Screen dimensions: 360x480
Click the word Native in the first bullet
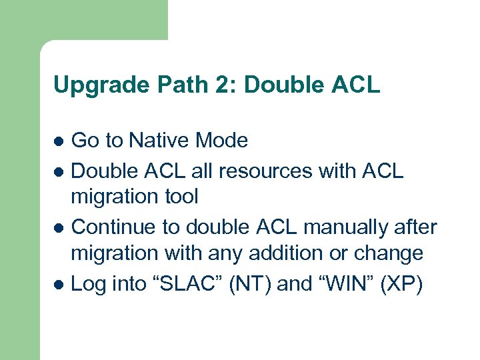pos(159,140)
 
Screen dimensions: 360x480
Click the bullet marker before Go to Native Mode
pos(59,141)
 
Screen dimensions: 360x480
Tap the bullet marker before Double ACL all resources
pos(59,172)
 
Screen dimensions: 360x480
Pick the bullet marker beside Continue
pos(59,228)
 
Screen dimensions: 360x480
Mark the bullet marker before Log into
pos(59,285)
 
